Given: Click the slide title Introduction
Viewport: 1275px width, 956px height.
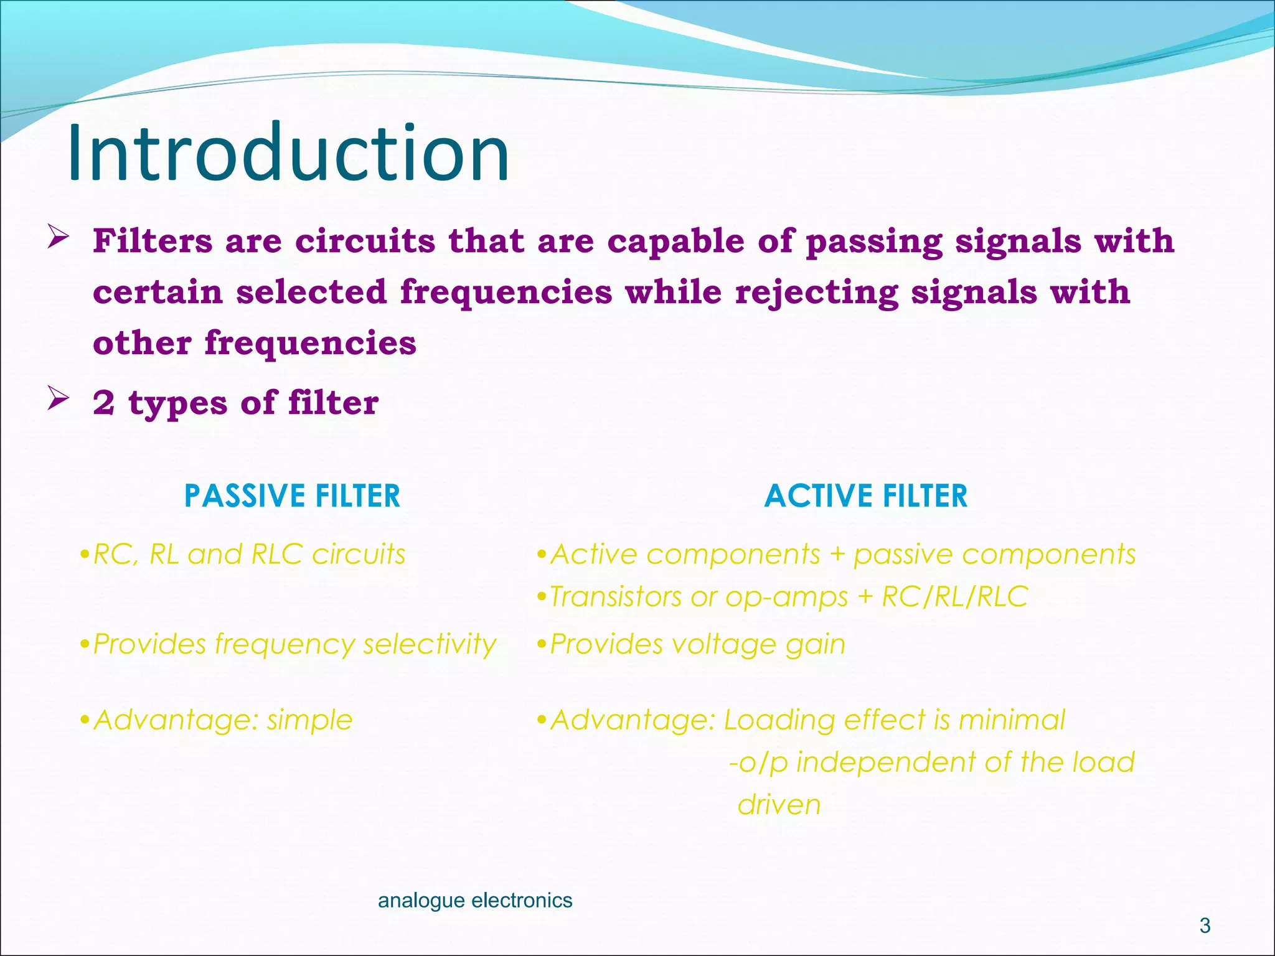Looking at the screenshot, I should [x=288, y=153].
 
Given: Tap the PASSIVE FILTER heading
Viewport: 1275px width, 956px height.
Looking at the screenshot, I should [x=292, y=496].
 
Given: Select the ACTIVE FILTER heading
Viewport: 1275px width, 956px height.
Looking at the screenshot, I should [x=866, y=496].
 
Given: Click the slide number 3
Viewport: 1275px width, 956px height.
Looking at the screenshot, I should [x=1205, y=926].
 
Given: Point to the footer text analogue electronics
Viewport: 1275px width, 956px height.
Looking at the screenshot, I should [x=475, y=900].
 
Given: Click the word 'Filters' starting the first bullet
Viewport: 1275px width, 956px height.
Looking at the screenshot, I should [x=153, y=241].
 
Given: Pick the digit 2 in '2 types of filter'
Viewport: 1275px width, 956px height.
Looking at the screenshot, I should [x=104, y=403].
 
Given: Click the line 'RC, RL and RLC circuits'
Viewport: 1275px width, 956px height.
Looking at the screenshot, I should [x=248, y=554].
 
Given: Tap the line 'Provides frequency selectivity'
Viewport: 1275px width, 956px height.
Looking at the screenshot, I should [x=294, y=644].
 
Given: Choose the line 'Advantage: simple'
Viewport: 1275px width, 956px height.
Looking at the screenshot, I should [x=222, y=720].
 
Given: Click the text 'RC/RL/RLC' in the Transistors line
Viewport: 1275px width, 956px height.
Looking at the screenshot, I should [x=955, y=597].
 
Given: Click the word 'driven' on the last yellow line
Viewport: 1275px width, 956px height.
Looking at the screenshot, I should [x=779, y=805].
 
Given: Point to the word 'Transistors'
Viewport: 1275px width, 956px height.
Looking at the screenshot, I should [x=616, y=597].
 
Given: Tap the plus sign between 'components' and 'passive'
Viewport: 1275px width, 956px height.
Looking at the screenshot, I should [x=837, y=555].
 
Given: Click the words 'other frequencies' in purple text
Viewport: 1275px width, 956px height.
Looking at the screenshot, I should [x=255, y=344].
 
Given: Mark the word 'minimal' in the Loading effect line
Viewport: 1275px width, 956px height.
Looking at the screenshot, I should [x=1012, y=720].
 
